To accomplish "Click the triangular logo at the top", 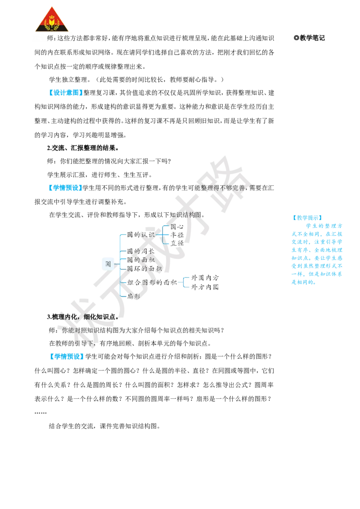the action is [x=52, y=20].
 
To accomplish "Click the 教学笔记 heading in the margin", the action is [x=309, y=38].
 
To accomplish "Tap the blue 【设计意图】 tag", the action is [x=65, y=93].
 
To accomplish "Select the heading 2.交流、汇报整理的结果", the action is [x=83, y=148].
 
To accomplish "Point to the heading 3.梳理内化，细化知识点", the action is [x=83, y=317].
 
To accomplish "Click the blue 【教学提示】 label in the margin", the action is [x=307, y=218].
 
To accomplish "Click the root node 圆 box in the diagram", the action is [x=108, y=263].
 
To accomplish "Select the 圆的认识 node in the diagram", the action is [x=141, y=235].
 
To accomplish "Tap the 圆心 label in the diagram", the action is [x=177, y=227].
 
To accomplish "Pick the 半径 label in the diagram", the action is [x=177, y=235].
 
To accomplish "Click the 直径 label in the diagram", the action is [x=177, y=243].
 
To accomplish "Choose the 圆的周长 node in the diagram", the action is [x=141, y=251].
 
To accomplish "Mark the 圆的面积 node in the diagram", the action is [x=141, y=260].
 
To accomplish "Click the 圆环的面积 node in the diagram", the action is [x=144, y=268].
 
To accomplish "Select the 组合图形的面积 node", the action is [x=152, y=282].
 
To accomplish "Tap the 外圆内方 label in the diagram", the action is [x=205, y=278].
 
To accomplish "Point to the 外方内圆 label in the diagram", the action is [x=205, y=287].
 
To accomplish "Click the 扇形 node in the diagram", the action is [x=134, y=296].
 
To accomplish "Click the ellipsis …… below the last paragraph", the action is [x=40, y=413].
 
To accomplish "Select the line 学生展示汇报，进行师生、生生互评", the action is [x=100, y=175].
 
